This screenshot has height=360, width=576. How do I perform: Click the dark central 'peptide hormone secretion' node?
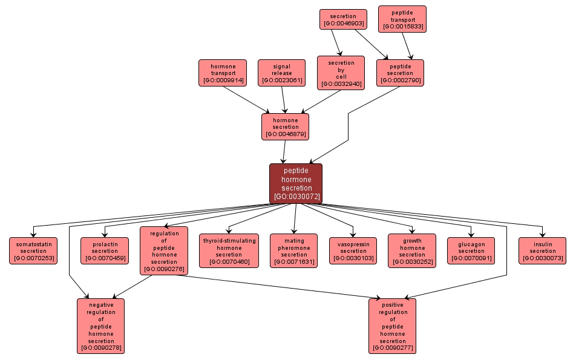point(296,183)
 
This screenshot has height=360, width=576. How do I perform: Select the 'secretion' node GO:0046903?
point(343,19)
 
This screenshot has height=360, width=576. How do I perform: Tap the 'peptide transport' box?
point(402,19)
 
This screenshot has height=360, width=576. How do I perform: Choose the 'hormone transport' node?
point(223,73)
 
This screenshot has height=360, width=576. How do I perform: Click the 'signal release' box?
point(281,73)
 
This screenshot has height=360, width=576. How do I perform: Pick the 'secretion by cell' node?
point(341,73)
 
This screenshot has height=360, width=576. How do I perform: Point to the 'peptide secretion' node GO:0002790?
point(400,73)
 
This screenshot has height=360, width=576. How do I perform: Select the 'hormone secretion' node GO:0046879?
point(285,126)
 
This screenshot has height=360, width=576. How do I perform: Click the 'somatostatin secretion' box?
point(33,250)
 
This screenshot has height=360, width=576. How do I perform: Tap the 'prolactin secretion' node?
point(105,250)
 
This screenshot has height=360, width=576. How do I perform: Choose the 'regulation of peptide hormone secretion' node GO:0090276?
point(164,250)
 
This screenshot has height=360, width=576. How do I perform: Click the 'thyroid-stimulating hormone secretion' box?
point(229,250)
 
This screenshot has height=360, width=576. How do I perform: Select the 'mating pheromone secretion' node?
point(294,250)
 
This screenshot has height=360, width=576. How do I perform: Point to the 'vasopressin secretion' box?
point(353,250)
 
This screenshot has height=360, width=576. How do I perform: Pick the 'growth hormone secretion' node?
point(412,250)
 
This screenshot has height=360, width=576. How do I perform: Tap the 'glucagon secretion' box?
point(471,250)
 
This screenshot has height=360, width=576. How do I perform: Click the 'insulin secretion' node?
point(542,250)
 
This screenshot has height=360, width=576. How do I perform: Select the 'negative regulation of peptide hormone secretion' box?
point(101,326)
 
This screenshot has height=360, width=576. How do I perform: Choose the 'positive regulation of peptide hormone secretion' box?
point(392,326)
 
